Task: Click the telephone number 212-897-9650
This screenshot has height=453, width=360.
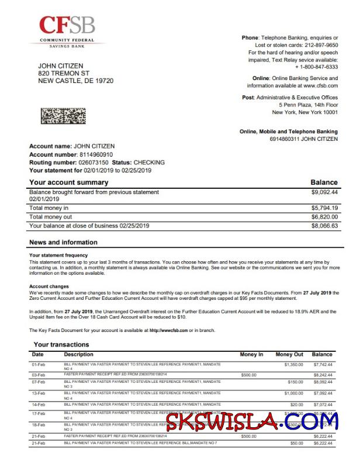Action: (318, 44)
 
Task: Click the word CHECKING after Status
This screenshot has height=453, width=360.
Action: (149, 162)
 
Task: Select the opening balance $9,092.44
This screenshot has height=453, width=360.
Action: (325, 192)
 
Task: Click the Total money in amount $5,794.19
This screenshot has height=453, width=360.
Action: (325, 208)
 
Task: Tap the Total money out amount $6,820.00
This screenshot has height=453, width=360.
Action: (325, 217)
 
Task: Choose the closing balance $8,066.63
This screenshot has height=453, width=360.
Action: (325, 226)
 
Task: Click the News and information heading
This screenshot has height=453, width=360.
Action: (63, 243)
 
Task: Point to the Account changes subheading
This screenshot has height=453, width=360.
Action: (50, 286)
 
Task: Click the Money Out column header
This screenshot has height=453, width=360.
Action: (289, 354)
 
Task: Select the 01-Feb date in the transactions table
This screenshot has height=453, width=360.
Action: (38, 365)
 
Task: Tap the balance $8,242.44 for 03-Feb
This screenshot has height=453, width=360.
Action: (323, 375)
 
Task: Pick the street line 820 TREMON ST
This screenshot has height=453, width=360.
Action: (64, 73)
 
